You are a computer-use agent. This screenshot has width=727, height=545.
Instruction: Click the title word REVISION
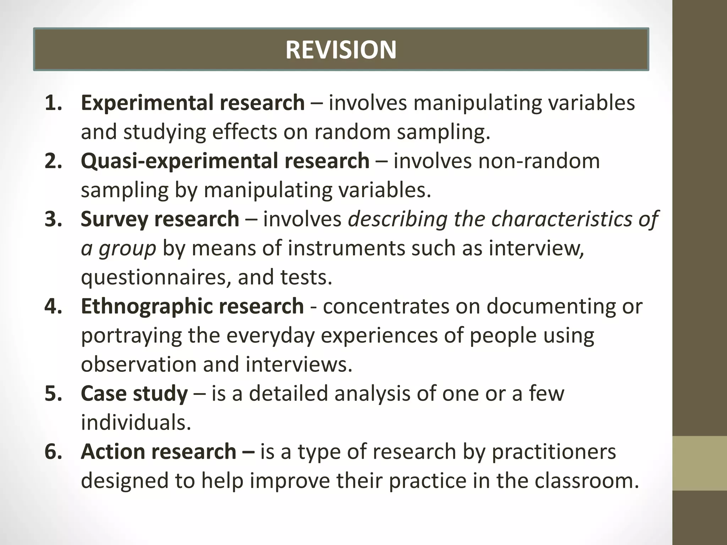click(x=341, y=50)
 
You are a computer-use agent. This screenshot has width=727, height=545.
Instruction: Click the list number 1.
click(x=53, y=103)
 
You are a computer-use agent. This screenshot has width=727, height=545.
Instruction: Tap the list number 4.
click(x=53, y=306)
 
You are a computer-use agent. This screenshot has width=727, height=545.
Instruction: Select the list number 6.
click(x=53, y=452)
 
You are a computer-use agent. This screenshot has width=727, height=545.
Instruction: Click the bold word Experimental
click(x=147, y=103)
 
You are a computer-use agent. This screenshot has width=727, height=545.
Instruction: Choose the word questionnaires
click(x=156, y=277)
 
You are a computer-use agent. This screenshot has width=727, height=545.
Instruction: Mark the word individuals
click(x=136, y=423)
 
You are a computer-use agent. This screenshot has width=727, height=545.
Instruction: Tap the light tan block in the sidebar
click(x=699, y=463)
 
